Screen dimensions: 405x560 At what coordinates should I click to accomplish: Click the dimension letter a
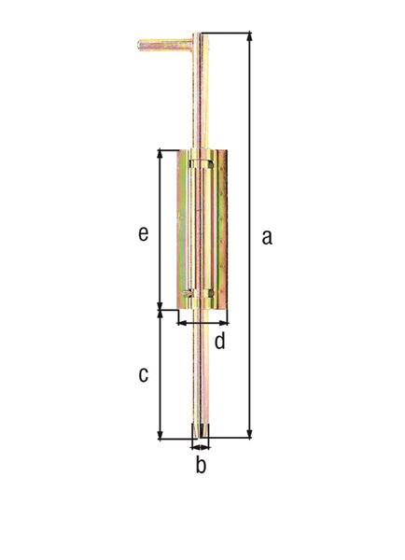pyautogui.click(x=267, y=237)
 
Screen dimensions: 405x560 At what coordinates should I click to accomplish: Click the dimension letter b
pyautogui.click(x=201, y=464)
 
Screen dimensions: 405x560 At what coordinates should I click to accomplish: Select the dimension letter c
pyautogui.click(x=143, y=374)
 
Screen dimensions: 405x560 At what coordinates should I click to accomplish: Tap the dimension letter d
pyautogui.click(x=220, y=340)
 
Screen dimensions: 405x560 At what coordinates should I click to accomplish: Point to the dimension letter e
pyautogui.click(x=143, y=234)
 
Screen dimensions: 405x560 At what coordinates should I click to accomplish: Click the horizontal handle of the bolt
pyautogui.click(x=165, y=45)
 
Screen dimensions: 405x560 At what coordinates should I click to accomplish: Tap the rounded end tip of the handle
pyautogui.click(x=139, y=45)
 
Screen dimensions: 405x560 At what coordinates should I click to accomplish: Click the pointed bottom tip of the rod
pyautogui.click(x=201, y=438)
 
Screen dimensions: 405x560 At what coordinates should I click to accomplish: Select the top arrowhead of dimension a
pyautogui.click(x=250, y=36)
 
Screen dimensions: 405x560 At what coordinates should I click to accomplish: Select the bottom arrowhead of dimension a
pyautogui.click(x=250, y=434)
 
